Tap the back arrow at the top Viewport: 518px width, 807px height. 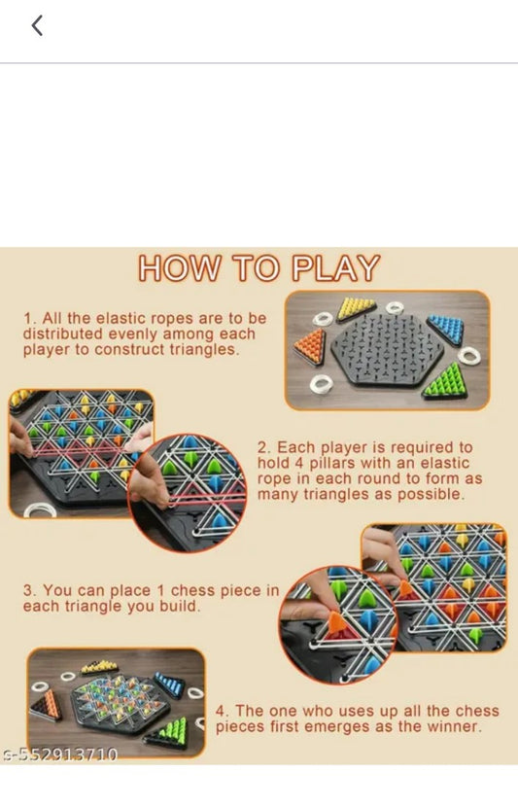click(37, 26)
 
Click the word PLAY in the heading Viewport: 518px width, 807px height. click(332, 268)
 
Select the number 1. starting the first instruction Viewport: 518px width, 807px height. click(29, 319)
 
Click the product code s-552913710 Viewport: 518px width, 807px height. click(59, 754)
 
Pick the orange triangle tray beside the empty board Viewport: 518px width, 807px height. click(311, 345)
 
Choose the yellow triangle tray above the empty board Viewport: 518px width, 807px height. click(357, 308)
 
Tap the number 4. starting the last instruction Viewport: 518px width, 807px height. click(222, 712)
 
